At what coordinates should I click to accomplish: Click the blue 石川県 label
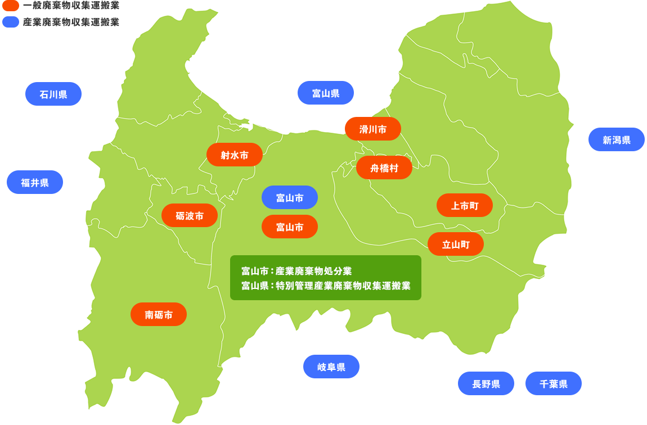[53, 94]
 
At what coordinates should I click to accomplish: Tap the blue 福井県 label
[35, 182]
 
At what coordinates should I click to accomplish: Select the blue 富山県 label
[326, 93]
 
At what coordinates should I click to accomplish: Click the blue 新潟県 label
[616, 139]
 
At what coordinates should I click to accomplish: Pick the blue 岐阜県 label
[331, 367]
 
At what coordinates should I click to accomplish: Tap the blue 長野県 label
[486, 383]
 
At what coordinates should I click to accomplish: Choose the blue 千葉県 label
[554, 383]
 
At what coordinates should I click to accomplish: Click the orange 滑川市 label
[373, 129]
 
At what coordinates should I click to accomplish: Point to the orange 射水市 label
[235, 155]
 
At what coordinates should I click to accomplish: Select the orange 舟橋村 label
[384, 168]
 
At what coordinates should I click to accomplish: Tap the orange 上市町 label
[465, 205]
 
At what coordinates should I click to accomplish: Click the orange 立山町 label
[456, 244]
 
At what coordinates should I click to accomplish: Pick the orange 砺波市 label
[190, 215]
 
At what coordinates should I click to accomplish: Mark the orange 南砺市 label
[159, 314]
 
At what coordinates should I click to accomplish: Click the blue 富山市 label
[290, 197]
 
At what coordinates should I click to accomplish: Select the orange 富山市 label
[290, 227]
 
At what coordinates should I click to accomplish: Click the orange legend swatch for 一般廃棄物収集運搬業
[11, 6]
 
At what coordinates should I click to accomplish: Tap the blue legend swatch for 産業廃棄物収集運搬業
[11, 22]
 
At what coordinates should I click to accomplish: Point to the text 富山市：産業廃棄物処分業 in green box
[296, 270]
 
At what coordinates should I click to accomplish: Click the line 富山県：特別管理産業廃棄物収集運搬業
[326, 285]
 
